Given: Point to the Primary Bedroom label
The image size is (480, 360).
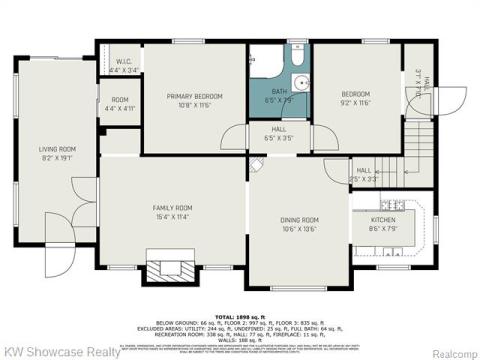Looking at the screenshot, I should [x=194, y=99].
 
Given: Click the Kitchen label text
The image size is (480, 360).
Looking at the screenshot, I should [x=384, y=222].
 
